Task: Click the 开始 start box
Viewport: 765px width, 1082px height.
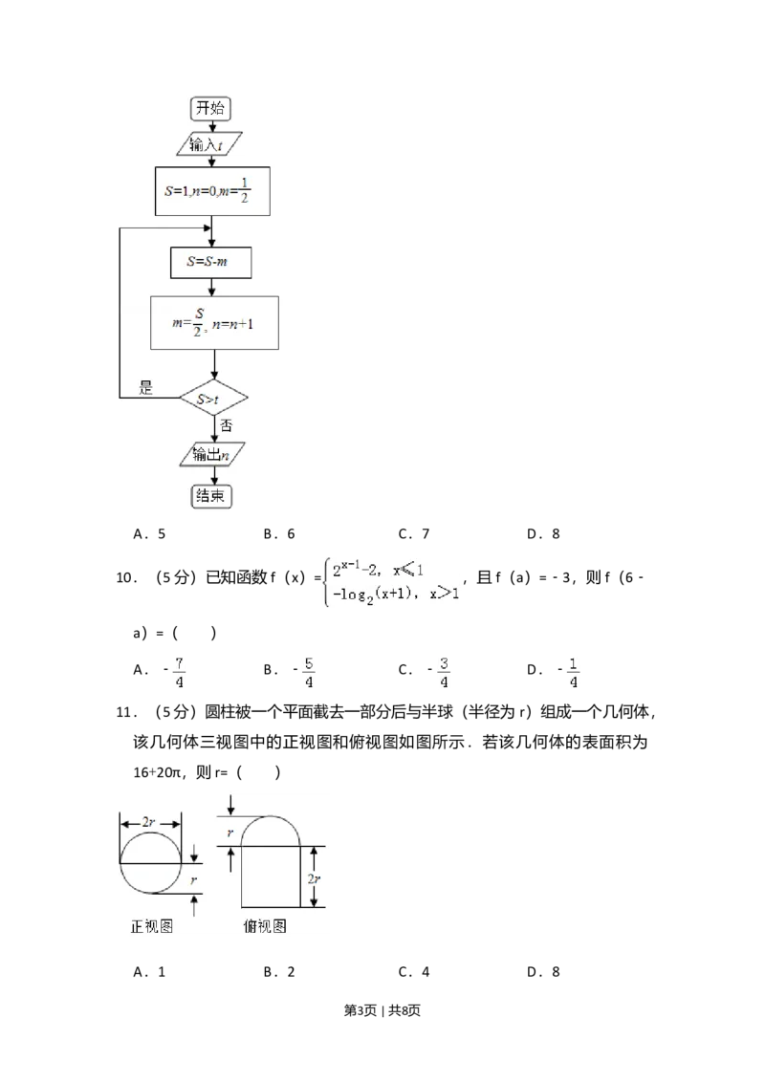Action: [211, 107]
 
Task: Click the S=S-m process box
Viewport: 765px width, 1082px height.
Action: [211, 263]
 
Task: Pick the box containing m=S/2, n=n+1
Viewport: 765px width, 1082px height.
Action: [214, 322]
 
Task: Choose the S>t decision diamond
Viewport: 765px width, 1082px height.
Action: [213, 398]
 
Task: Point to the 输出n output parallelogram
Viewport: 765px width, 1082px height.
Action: [211, 454]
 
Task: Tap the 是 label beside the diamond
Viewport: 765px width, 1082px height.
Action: [146, 387]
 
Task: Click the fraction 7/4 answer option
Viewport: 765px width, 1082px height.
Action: [179, 673]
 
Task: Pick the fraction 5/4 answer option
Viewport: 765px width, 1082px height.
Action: [309, 673]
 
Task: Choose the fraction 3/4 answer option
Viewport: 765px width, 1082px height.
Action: [444, 673]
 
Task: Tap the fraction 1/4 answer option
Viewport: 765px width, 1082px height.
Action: [573, 673]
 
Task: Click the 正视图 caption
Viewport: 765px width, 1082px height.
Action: [151, 926]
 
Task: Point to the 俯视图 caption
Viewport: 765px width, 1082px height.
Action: [266, 926]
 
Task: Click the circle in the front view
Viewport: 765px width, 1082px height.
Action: [151, 863]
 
